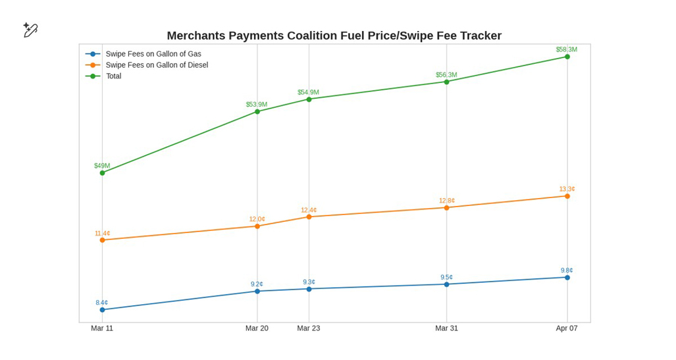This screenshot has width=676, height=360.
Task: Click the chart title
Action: (334, 36)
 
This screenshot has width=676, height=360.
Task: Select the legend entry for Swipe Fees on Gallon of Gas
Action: (153, 54)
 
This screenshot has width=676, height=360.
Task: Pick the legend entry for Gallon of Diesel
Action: (156, 65)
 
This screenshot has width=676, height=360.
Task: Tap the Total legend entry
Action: (113, 76)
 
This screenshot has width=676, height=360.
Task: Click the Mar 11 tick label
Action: (102, 328)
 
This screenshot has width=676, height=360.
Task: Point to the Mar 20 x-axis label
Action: (257, 328)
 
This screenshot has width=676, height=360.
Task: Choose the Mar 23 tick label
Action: (308, 328)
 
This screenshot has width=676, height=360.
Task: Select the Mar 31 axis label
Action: (446, 328)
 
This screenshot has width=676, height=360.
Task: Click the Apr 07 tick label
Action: (566, 328)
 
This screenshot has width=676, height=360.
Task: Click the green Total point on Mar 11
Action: (102, 173)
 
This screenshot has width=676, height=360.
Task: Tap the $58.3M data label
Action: (566, 49)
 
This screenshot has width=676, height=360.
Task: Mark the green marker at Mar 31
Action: (446, 82)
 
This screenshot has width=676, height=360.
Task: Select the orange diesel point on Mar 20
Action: (257, 226)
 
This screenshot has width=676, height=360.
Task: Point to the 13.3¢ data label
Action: (567, 189)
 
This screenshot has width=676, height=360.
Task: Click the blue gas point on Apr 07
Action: (567, 278)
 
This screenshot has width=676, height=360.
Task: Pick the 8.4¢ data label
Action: (101, 303)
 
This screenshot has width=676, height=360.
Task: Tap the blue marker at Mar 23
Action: (309, 289)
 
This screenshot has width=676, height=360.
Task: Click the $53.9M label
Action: (257, 105)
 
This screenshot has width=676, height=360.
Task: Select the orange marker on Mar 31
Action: (446, 208)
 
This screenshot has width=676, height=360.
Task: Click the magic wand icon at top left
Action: (30, 30)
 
